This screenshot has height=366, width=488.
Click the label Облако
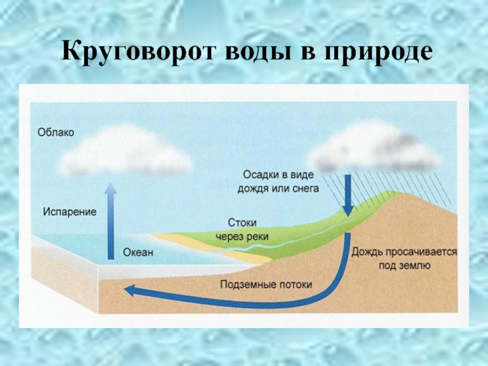56,132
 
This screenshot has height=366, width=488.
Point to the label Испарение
70,212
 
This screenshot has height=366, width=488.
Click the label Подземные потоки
265,284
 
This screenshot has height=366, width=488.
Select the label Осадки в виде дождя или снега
278,181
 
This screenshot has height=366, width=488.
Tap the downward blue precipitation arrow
348,195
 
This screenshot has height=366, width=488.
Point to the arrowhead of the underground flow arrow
131,291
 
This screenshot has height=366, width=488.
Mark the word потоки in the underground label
295,284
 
